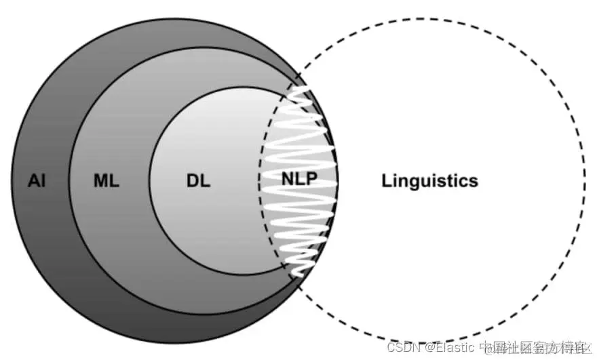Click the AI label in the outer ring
click(x=37, y=182)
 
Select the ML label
click(x=106, y=182)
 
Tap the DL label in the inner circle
click(x=198, y=182)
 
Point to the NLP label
click(x=299, y=181)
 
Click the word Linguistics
click(x=429, y=181)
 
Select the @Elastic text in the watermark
click(x=451, y=347)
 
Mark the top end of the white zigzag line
click(x=293, y=89)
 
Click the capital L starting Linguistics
click(x=387, y=181)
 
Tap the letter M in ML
click(x=100, y=182)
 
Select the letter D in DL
click(x=193, y=182)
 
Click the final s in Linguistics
click(x=474, y=182)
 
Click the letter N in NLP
click(x=288, y=181)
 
